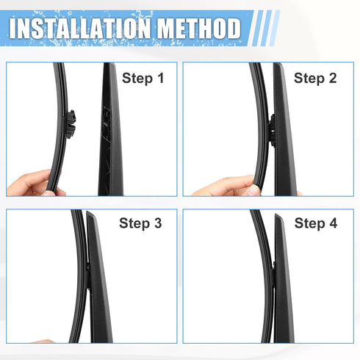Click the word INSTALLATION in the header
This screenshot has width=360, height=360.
coord(76,29)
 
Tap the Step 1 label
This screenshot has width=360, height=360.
coord(143,77)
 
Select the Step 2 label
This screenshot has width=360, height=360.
coord(315,77)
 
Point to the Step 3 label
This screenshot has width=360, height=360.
coord(140,223)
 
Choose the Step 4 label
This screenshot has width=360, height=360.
coord(315,223)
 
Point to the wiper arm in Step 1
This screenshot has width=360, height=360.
coord(111,132)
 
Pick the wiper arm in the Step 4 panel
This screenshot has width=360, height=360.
coord(282,287)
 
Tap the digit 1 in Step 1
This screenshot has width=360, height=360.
coord(159,77)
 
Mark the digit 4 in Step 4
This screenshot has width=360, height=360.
coord(333,223)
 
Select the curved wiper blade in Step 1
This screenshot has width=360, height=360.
coord(62,96)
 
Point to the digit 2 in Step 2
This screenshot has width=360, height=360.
coord(333,77)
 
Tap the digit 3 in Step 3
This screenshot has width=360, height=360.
coord(157,223)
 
